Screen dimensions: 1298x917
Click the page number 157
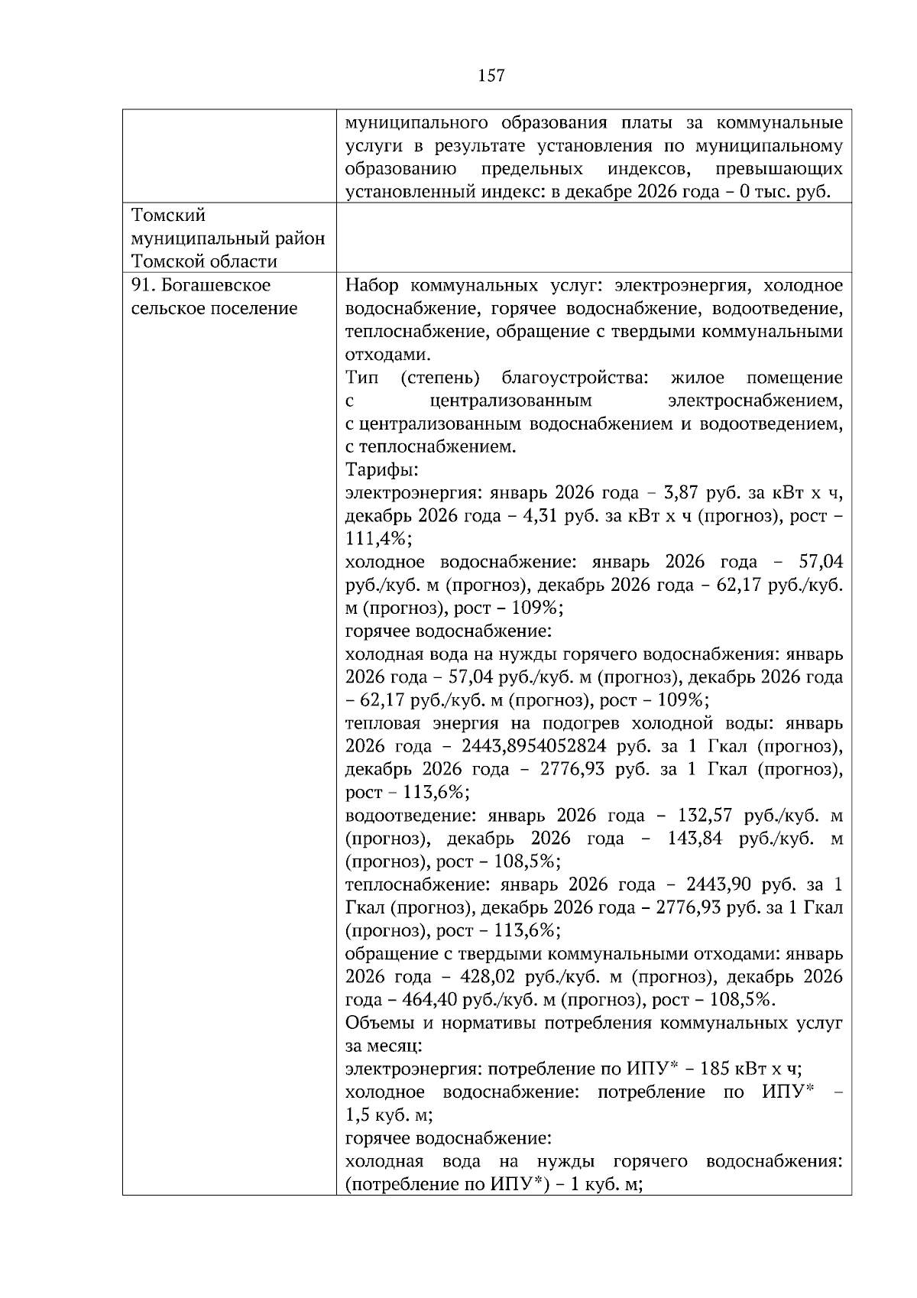click(491, 75)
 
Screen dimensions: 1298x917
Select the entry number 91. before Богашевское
click(144, 285)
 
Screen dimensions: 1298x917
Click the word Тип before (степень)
click(362, 378)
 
